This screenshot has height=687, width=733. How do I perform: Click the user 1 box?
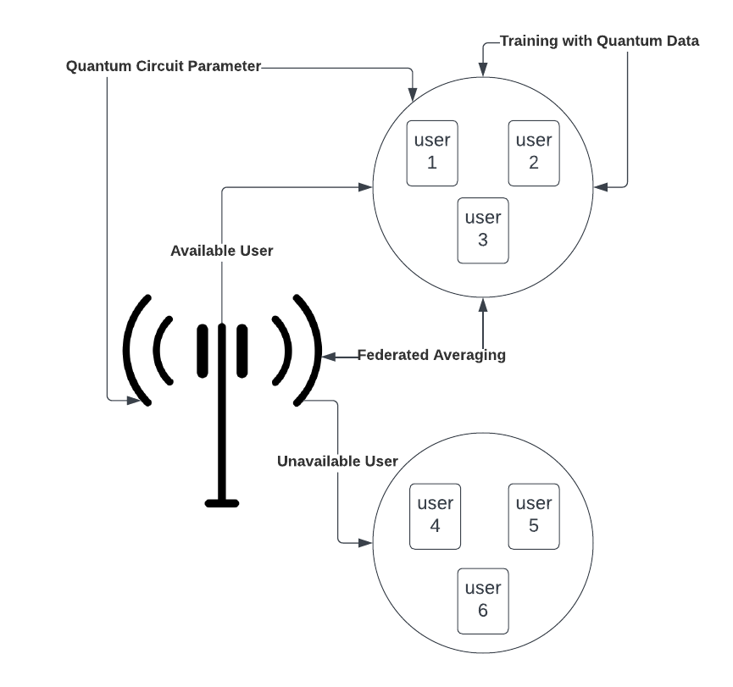(432, 152)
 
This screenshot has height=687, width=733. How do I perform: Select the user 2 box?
(534, 152)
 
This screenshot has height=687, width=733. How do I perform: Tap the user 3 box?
(483, 229)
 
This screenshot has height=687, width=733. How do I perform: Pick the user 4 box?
(436, 515)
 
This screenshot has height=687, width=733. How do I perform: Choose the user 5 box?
(534, 515)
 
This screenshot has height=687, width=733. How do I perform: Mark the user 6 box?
(483, 600)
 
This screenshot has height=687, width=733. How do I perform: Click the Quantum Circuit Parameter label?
(164, 66)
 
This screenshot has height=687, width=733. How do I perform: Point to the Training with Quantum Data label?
(599, 41)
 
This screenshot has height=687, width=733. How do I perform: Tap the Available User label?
(222, 251)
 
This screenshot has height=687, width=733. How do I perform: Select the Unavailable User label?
(337, 462)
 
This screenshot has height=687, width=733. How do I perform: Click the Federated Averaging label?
(431, 355)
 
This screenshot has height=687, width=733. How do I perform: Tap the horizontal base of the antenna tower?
(222, 503)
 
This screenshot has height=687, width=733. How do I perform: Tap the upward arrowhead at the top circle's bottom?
(483, 302)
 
